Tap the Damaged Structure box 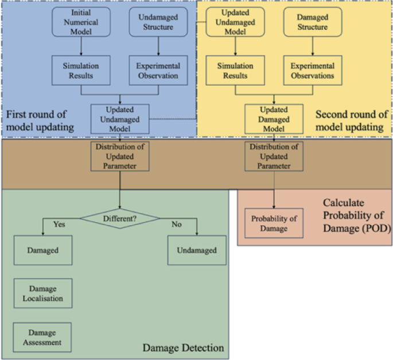(x=313, y=22)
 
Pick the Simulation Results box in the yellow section (x=236, y=71)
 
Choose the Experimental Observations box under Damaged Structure (x=313, y=71)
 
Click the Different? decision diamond (x=119, y=218)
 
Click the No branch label (x=177, y=223)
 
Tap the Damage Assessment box (x=42, y=338)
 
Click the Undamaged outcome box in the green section (x=197, y=250)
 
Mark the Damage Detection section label (x=182, y=348)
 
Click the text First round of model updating (x=39, y=121)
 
